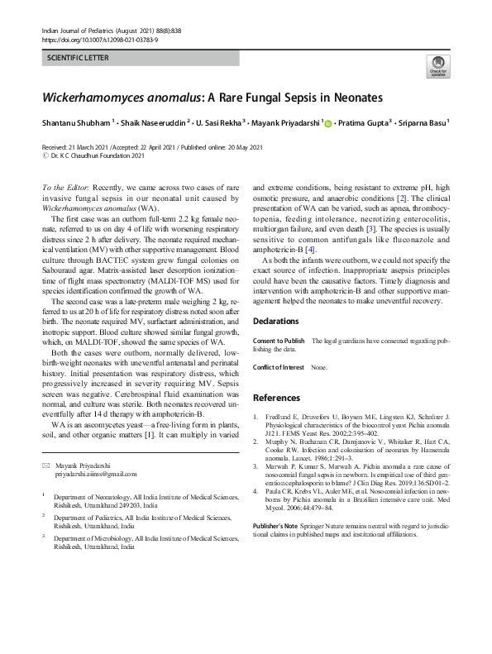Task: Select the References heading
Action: pyautogui.click(x=277, y=398)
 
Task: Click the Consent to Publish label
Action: pyautogui.click(x=279, y=341)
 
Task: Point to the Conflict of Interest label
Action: pyautogui.click(x=279, y=366)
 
